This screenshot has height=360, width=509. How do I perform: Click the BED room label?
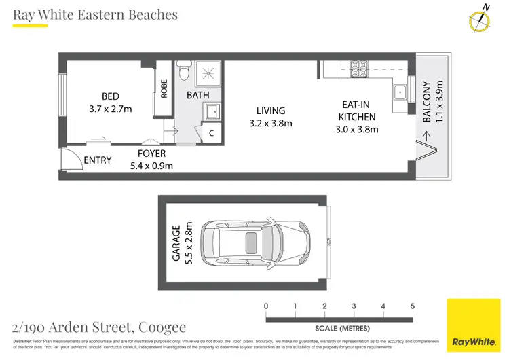point(110,96)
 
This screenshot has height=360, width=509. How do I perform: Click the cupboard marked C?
point(210,133)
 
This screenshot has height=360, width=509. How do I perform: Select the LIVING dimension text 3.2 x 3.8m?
point(270,124)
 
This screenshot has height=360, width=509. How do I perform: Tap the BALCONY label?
point(427,102)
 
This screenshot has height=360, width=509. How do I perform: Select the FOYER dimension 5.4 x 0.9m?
point(151,165)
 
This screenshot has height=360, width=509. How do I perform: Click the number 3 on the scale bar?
point(354,306)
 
